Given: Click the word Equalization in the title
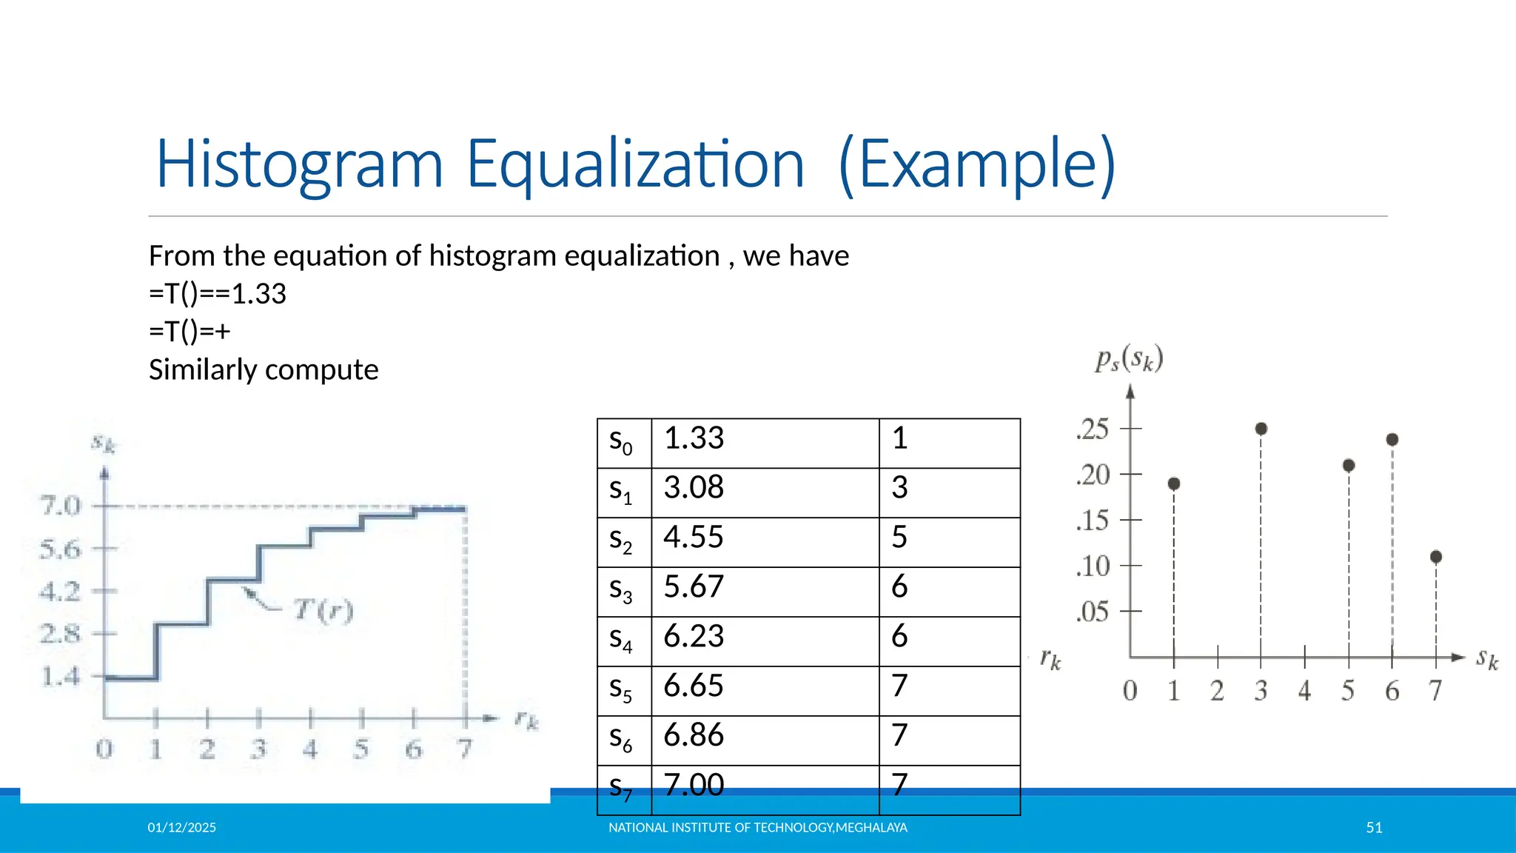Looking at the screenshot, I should [635, 164].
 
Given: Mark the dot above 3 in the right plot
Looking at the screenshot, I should [1261, 429].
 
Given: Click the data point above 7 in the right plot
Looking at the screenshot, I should [1436, 557].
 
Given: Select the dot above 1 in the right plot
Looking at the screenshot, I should [1174, 484].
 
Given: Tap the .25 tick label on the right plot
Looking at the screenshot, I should [1093, 429].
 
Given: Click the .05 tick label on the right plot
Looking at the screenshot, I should [1093, 612].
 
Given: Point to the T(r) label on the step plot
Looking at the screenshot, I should [323, 611].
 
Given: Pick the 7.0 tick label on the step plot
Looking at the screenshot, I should [61, 506].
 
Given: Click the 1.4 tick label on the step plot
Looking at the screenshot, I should [61, 677].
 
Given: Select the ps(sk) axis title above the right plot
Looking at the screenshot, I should [1130, 359].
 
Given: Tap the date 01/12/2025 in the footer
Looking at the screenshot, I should [182, 828].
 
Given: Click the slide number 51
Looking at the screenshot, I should [1374, 828].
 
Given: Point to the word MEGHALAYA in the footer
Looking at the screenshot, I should [871, 828].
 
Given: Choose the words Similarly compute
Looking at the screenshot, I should [264, 369].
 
